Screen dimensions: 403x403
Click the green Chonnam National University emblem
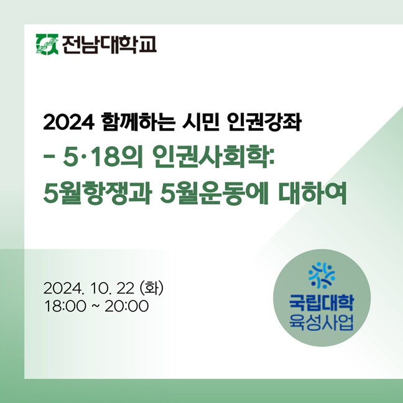47,44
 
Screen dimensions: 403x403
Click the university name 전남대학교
109,44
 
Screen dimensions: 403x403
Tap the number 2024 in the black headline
68,123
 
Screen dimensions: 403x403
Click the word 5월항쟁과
96,193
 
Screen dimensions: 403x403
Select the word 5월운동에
215,193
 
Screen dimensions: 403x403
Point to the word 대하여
313,193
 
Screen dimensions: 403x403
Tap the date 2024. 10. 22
89,289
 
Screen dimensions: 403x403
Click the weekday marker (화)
151,288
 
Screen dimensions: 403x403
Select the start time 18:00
65,307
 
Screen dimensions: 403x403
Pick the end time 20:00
127,307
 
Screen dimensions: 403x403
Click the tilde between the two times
95,307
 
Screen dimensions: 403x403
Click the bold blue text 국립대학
322,303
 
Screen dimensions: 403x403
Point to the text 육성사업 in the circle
322,322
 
